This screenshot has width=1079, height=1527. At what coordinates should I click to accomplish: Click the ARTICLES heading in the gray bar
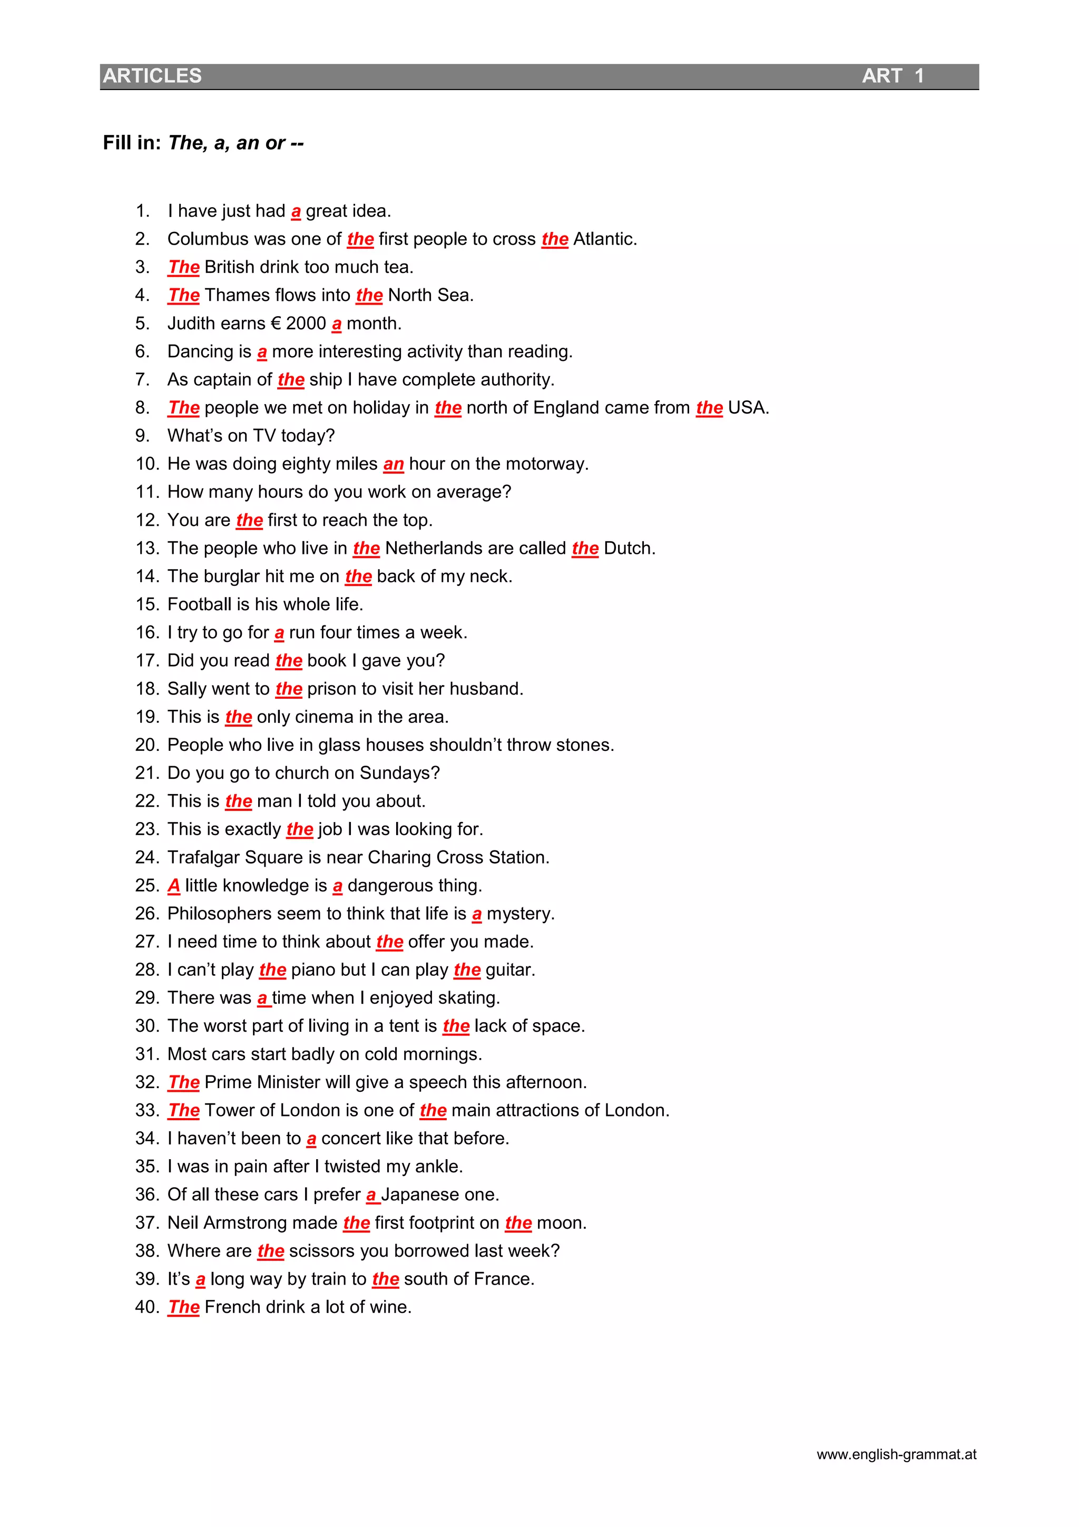point(152,76)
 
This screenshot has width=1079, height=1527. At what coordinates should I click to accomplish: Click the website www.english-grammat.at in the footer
point(896,1454)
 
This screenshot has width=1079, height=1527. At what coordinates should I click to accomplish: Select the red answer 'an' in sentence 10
point(394,464)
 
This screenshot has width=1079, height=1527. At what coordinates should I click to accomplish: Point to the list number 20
point(146,746)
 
